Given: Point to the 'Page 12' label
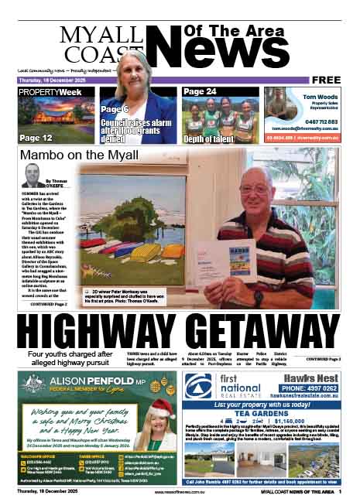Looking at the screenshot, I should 36,138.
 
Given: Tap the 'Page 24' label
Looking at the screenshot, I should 201,92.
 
